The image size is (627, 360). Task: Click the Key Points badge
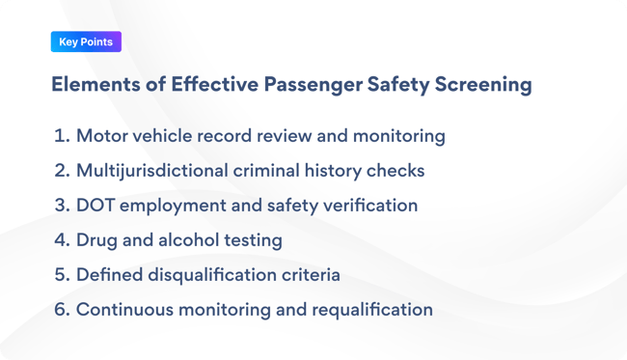click(86, 42)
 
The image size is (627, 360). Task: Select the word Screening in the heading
click(479, 85)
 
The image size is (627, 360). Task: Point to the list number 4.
click(62, 240)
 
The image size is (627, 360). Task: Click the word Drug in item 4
click(96, 240)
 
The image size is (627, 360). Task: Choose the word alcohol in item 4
click(190, 240)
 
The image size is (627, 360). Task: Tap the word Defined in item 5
click(110, 275)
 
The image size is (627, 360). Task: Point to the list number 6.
click(62, 310)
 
